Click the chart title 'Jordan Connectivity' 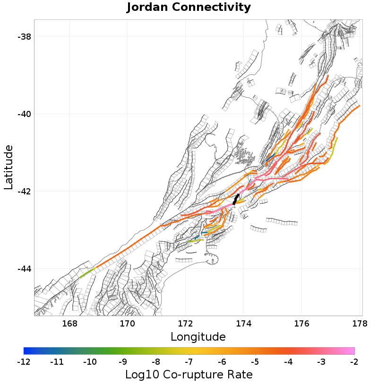[189, 8]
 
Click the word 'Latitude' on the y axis [9, 167]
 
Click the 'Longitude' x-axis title [198, 337]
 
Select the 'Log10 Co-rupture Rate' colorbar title [189, 375]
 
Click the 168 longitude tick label [69, 324]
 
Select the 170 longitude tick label [128, 324]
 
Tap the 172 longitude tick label [186, 324]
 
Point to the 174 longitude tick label [244, 324]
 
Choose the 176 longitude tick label [302, 324]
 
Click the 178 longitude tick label [360, 324]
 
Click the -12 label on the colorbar [24, 362]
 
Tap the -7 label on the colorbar [189, 362]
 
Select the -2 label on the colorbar [354, 362]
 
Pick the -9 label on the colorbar [123, 362]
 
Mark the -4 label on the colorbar [288, 362]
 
